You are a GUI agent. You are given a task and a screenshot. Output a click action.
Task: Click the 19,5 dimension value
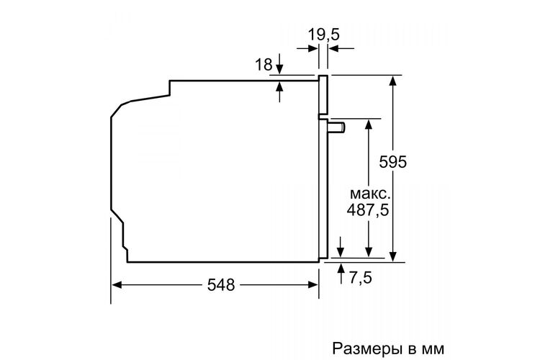point(323,35)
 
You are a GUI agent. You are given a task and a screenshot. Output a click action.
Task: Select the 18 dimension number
point(264,64)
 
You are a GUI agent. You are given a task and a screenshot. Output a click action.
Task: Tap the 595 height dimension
point(392,162)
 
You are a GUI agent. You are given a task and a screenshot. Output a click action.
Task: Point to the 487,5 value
point(367,210)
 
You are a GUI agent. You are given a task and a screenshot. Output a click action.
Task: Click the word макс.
point(370,194)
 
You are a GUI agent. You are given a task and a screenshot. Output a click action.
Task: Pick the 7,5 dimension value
point(361,277)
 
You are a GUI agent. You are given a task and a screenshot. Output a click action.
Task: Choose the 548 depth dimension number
point(221,285)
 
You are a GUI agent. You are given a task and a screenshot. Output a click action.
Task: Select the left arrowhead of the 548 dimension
point(117,285)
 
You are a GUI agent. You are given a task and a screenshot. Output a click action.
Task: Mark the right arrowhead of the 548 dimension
point(312,285)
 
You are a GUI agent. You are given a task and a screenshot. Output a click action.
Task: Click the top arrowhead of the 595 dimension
point(392,81)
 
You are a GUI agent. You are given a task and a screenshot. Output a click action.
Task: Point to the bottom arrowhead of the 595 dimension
point(392,256)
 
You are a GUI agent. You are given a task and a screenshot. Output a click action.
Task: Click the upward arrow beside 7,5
point(341,273)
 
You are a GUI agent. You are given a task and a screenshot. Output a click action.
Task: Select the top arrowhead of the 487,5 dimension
point(369,124)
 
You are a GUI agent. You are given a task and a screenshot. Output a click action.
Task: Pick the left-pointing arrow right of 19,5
point(341,48)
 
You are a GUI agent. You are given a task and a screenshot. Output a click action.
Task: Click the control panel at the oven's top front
point(323,95)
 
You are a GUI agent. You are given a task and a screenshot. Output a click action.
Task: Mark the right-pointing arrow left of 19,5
point(307,48)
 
